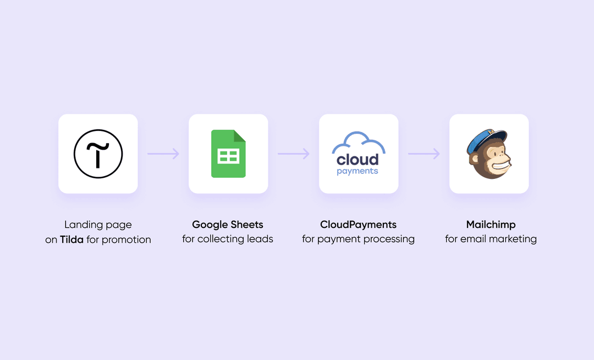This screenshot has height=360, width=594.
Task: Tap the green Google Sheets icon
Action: tap(228, 154)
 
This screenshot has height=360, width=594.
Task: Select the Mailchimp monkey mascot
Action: tap(489, 154)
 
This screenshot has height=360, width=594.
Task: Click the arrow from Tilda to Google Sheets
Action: tap(163, 154)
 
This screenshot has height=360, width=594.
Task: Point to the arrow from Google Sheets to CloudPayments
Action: tap(294, 154)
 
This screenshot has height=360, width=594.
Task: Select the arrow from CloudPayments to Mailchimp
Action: tap(424, 154)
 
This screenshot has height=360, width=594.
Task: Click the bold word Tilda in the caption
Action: tap(71, 239)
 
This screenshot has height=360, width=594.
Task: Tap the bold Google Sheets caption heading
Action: tap(228, 225)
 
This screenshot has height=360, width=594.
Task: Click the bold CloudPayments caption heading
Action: tap(359, 225)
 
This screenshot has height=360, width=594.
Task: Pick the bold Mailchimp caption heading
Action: tap(491, 225)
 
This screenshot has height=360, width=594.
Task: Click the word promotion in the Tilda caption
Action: tap(127, 240)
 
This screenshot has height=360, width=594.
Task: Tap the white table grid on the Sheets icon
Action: tap(228, 156)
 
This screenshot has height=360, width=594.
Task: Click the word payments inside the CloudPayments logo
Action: tap(358, 171)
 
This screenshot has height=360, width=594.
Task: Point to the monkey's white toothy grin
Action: tap(499, 166)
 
